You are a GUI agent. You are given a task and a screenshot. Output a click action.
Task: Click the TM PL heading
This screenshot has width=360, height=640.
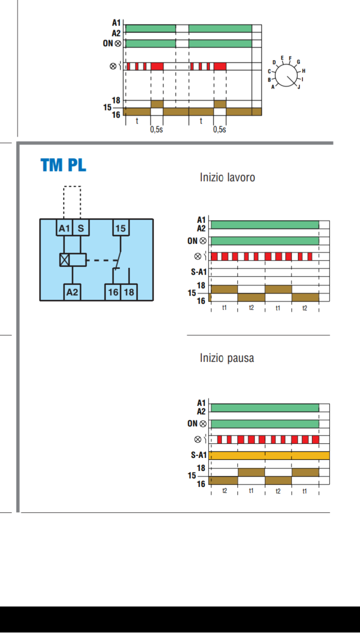63,165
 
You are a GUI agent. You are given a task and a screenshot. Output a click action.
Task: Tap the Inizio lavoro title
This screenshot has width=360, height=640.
227,177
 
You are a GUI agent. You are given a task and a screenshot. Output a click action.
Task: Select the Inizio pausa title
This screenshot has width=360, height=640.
227,358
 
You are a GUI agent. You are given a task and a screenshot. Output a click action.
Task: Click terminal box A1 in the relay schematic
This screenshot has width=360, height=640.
64,227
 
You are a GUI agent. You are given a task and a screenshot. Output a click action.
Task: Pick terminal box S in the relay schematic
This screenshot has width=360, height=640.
81,227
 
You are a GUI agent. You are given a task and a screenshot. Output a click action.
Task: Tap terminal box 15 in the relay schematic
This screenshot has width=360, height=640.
120,227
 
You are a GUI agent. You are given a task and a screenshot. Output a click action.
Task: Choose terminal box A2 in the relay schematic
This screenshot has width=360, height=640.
72,292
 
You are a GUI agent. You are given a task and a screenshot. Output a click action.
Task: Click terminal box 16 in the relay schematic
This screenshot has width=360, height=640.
113,292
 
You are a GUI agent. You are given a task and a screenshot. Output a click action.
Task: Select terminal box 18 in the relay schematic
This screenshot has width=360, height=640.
129,292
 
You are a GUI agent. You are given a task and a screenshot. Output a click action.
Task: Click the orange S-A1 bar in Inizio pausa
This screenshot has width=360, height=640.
269,455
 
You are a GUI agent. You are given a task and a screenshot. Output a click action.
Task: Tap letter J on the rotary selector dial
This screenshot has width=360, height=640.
299,87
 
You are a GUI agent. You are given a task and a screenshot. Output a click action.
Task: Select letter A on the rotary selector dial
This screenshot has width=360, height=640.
273,87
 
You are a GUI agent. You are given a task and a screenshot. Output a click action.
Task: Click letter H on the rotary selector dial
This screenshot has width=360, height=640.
303,70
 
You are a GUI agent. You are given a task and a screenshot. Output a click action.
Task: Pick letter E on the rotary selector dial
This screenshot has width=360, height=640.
282,58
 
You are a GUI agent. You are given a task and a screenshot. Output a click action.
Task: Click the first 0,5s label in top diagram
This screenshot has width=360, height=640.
156,129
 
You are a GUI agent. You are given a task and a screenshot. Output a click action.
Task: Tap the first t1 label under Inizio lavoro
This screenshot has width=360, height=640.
224,307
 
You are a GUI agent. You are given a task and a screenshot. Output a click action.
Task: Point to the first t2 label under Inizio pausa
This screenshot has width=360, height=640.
224,490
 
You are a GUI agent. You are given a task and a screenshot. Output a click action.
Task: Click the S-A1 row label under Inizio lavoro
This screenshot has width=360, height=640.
198,272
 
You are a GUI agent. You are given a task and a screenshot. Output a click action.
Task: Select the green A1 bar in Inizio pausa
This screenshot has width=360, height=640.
265,407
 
